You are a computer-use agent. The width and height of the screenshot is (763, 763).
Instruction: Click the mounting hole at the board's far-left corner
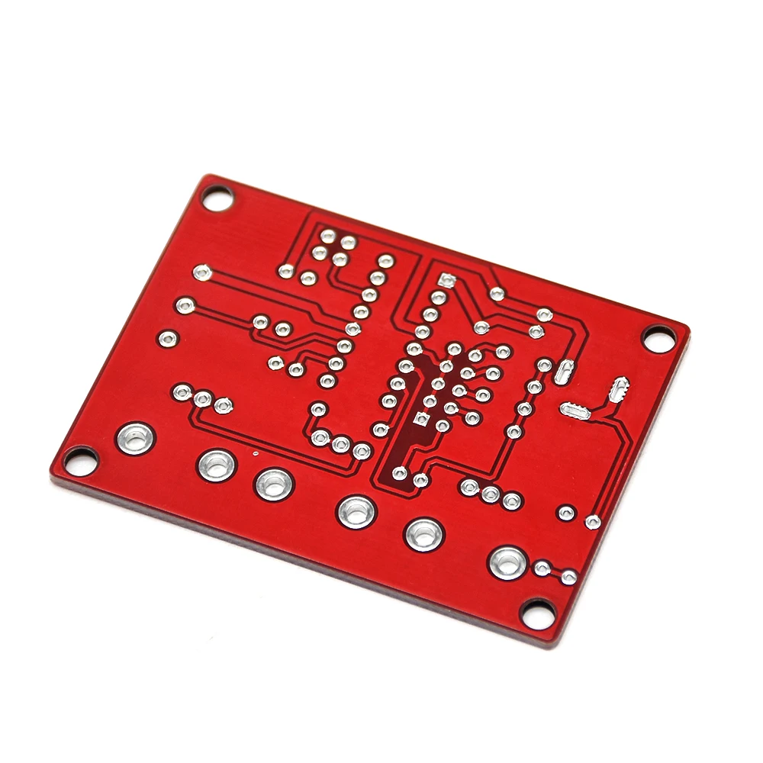(79, 459)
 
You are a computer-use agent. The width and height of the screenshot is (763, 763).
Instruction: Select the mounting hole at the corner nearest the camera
(539, 610)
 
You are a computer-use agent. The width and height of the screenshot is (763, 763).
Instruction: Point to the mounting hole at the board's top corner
(216, 200)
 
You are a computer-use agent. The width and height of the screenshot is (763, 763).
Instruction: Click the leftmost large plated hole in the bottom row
(136, 438)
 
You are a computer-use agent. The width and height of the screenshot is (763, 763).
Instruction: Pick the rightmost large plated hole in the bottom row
(507, 562)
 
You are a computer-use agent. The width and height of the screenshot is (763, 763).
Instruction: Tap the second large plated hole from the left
(217, 464)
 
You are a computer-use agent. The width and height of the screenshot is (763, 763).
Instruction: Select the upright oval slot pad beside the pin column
(564, 372)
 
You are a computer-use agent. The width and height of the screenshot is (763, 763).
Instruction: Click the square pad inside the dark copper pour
(420, 418)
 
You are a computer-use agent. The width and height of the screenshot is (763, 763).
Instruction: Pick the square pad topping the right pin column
(447, 281)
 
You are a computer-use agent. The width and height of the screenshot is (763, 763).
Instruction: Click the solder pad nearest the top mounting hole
(202, 271)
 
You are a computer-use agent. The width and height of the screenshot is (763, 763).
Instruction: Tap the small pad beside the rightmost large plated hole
(542, 568)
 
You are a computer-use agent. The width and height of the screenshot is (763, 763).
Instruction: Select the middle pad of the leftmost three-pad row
(202, 398)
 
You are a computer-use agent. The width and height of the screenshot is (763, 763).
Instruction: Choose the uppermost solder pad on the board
(329, 237)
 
